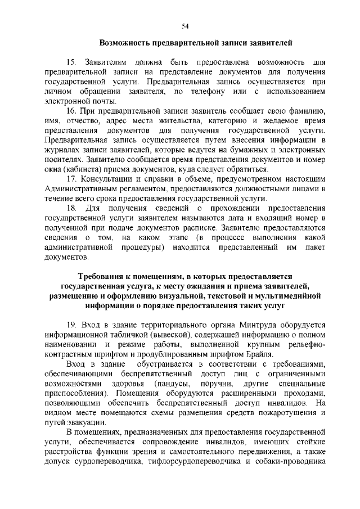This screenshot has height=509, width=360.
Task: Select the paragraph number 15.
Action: pyautogui.click(x=71, y=61)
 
